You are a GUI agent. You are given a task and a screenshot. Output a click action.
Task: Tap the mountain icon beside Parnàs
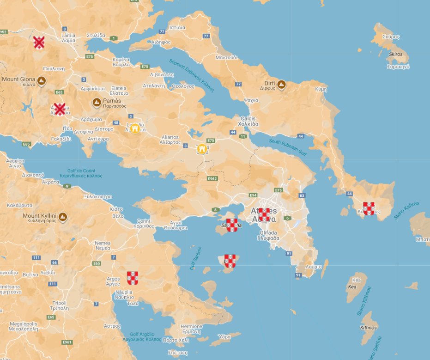pos(97,102)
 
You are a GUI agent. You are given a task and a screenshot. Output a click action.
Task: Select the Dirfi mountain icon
pos(281,85)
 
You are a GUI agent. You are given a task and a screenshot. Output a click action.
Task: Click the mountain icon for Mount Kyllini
pos(63,216)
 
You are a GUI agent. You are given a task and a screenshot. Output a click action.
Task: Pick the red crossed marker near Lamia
pos(39,43)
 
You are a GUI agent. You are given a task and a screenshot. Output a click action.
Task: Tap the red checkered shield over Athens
pos(264,215)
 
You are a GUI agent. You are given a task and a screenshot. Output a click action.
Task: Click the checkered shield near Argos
pos(133,278)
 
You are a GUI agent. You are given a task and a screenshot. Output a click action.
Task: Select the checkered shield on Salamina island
pos(232,225)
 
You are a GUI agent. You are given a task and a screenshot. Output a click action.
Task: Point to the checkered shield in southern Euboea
pos(369,208)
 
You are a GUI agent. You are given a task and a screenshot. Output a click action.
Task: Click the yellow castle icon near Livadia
pos(135,128)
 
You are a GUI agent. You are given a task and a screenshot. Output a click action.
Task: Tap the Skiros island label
pos(396,54)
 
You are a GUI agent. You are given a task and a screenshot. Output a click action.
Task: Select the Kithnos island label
pos(368,328)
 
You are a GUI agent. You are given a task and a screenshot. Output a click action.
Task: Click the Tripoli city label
pos(60,305)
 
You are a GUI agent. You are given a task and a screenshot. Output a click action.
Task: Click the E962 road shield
pos(212,178)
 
